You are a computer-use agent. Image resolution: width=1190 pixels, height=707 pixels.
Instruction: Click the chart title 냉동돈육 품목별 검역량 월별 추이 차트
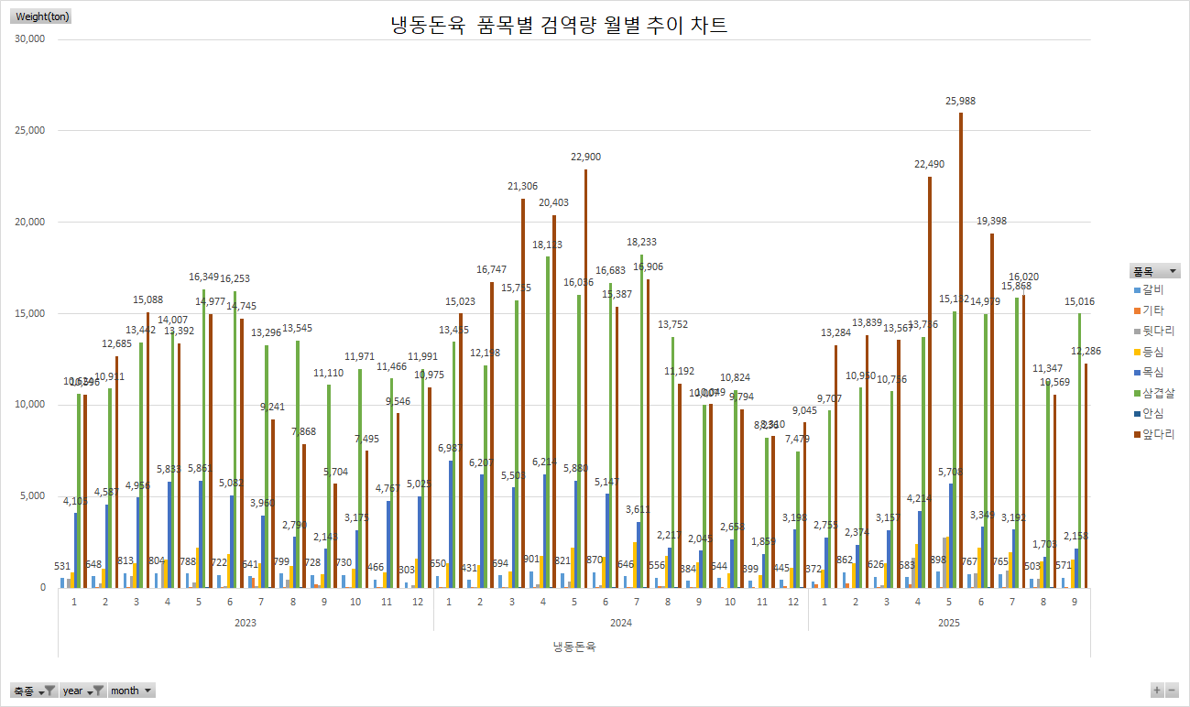tap(559, 25)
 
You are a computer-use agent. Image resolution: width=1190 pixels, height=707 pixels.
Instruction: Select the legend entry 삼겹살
tap(1158, 393)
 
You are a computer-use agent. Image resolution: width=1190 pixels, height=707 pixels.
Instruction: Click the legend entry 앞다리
tap(1158, 435)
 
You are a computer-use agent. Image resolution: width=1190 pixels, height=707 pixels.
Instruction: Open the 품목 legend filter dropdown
tap(1154, 271)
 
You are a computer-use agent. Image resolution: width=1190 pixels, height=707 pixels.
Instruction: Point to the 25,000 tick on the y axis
tap(31, 130)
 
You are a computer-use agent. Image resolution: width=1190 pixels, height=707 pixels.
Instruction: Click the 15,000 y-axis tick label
tap(31, 313)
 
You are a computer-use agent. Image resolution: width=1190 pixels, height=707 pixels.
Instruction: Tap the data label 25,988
tap(960, 101)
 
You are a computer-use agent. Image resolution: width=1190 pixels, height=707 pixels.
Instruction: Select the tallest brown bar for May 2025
tap(960, 348)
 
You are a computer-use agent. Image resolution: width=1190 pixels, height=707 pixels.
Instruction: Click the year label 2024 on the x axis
tap(620, 623)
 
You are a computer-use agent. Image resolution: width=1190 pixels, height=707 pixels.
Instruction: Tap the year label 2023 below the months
tap(246, 623)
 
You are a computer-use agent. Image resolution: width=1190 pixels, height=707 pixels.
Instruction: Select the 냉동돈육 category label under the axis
tap(574, 647)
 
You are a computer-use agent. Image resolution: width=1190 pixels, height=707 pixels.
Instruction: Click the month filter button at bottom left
tap(132, 691)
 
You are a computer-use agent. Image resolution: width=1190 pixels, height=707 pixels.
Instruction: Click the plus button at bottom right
tap(1157, 691)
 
